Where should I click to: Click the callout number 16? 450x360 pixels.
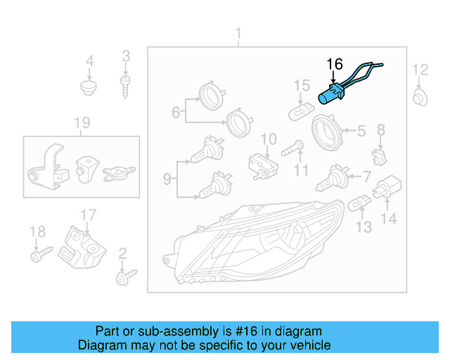pos(335,64)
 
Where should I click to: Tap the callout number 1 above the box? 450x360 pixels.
pos(238,34)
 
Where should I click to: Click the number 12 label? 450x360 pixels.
pos(420,69)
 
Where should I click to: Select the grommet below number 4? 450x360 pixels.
pos(89,89)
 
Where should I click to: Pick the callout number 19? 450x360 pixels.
pos(82,124)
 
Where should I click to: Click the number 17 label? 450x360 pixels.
pos(86,214)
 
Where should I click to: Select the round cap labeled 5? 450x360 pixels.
pos(327,131)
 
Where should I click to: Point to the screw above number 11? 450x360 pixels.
pos(292,148)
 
